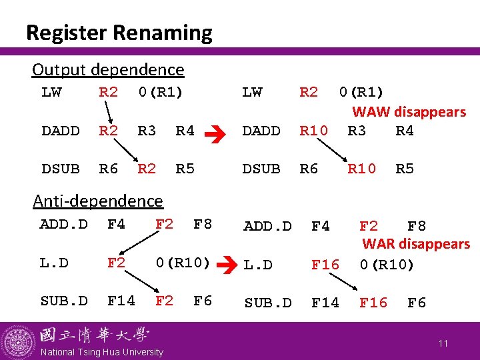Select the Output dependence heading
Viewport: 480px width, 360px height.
(108, 69)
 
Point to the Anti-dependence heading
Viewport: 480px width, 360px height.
(97, 201)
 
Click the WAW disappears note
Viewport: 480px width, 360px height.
(409, 112)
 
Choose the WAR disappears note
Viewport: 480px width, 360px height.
(416, 244)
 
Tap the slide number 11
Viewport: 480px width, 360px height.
(443, 343)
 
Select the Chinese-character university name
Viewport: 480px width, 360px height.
(95, 335)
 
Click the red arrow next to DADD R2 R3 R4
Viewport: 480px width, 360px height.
(220, 132)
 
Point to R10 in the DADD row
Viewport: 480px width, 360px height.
(313, 131)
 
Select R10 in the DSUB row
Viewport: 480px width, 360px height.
(362, 169)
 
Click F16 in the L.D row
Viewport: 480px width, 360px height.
(325, 265)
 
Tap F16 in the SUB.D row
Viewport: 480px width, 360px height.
(373, 303)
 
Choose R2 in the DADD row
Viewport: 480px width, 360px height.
(108, 131)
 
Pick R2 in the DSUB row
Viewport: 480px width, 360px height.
(147, 169)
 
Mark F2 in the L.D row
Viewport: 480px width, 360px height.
(117, 263)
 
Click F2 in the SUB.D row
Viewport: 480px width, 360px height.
(164, 301)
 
